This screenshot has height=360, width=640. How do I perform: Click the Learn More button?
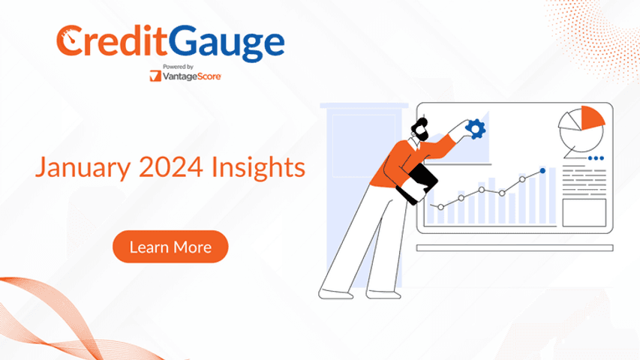point(170,247)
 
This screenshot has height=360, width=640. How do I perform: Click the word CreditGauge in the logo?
point(170,43)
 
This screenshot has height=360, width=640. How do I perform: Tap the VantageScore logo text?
point(191,76)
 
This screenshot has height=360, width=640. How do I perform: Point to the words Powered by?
point(178,67)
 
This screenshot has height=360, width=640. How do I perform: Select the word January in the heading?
point(83,168)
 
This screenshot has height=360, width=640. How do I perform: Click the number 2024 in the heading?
point(171,166)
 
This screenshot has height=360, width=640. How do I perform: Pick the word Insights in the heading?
point(258,167)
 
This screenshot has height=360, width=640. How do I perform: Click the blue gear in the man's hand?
point(476,130)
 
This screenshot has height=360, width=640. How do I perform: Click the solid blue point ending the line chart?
point(542,170)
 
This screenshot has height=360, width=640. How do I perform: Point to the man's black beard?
point(421,133)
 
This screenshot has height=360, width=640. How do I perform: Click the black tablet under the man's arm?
point(416,184)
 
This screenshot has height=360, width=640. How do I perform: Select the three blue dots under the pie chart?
point(596,158)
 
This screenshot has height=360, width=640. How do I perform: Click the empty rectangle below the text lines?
point(584,212)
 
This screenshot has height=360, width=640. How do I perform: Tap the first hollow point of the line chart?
point(441,207)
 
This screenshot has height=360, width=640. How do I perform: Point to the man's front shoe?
point(383,294)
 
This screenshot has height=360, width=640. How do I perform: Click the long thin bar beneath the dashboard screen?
point(515,247)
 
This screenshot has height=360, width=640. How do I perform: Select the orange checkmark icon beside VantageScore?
point(155,76)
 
